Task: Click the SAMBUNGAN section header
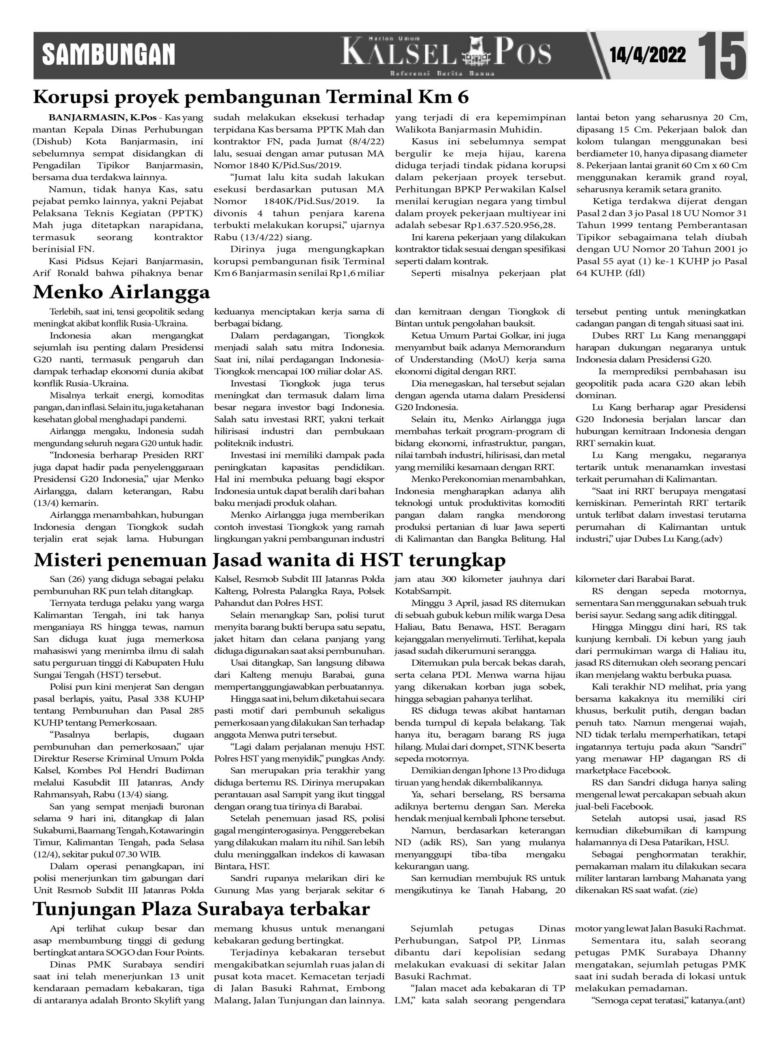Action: pyautogui.click(x=108, y=55)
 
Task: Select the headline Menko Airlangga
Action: pyautogui.click(x=121, y=292)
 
